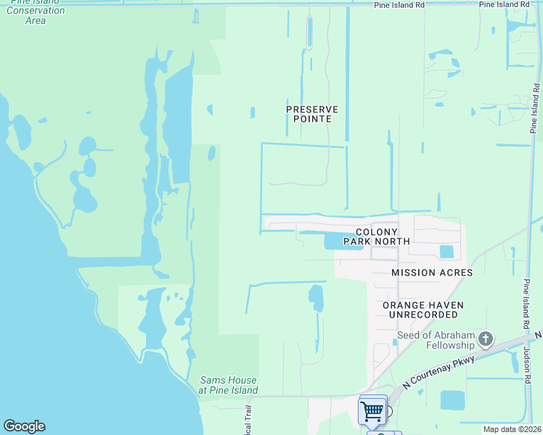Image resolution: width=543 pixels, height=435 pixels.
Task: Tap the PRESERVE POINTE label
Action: tap(312, 114)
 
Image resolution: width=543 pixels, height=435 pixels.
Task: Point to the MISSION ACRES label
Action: tap(432, 273)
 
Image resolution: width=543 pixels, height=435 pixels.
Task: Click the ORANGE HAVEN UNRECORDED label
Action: tap(423, 310)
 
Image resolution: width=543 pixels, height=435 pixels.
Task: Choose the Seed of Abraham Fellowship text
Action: tap(436, 339)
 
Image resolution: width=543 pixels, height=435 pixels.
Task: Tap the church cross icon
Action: tap(486, 339)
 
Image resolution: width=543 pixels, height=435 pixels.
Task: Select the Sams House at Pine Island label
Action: tap(229, 385)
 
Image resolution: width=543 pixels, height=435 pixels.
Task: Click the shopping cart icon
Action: tap(372, 410)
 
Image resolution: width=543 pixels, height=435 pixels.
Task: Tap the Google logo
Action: tap(24, 426)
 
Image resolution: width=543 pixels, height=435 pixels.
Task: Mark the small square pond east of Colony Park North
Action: tap(446, 252)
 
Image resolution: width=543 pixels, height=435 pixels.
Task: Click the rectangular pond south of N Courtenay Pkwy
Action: tap(452, 400)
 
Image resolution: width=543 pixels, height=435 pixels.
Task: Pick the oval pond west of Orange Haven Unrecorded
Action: tap(316, 297)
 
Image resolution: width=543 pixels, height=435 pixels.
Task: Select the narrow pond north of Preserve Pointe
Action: tap(310, 31)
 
